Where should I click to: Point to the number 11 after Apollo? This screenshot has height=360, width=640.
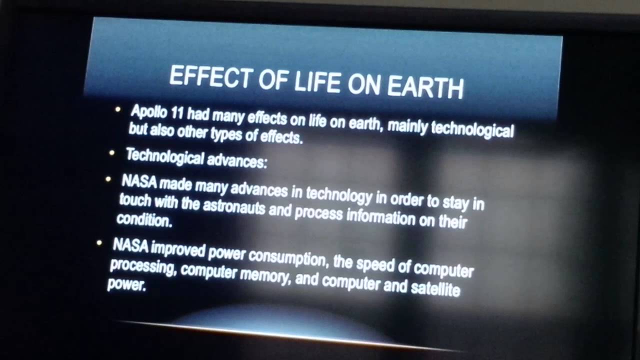tap(177, 113)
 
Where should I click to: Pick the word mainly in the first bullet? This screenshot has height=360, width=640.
tap(407, 126)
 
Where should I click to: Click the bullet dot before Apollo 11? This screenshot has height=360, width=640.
tap(118, 108)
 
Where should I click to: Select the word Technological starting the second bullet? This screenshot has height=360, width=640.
tap(164, 156)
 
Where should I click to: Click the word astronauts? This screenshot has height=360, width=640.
tap(233, 206)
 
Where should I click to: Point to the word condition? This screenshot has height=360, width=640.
tap(144, 219)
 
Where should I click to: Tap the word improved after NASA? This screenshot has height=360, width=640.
tap(178, 249)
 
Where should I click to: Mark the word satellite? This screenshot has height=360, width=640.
tap(435, 288)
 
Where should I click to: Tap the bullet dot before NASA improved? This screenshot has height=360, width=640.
tap(99, 243)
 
